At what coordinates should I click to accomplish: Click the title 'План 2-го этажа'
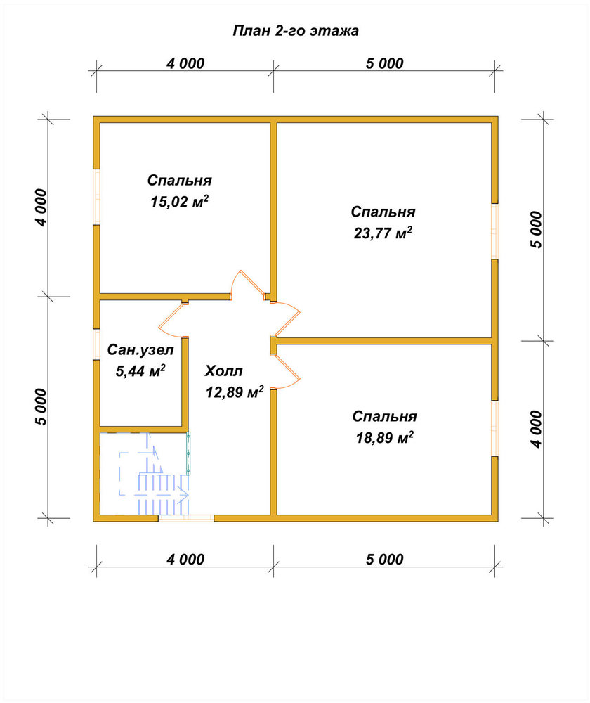click(x=296, y=31)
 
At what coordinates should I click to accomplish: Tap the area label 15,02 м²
click(x=179, y=202)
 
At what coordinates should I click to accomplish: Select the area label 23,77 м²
click(x=383, y=233)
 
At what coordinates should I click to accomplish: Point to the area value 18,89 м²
click(x=384, y=437)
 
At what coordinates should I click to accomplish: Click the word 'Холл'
click(x=224, y=371)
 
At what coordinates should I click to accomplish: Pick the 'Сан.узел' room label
click(x=140, y=349)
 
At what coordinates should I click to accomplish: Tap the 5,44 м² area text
click(x=140, y=370)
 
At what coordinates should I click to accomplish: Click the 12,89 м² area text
click(x=235, y=392)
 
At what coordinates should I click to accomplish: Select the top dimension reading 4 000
click(x=185, y=64)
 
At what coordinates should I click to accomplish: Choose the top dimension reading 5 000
click(x=385, y=64)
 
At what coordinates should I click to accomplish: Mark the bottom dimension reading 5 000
click(x=385, y=560)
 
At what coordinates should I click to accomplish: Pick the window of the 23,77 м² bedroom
click(x=494, y=231)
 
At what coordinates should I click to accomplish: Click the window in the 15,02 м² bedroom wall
click(x=96, y=197)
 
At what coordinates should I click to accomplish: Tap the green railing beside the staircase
click(x=188, y=453)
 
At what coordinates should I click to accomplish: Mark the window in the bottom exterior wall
click(x=186, y=518)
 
